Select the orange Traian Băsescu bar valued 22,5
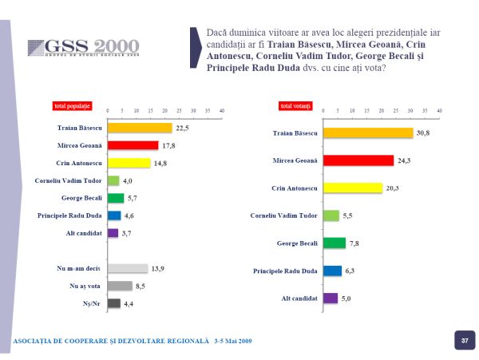click(140, 128)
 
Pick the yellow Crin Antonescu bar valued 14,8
click(129, 163)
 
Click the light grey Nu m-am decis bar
click(127, 268)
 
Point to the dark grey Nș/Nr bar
click(113, 303)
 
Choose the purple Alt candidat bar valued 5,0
click(331, 298)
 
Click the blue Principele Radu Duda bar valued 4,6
click(114, 216)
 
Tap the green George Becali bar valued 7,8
click(335, 243)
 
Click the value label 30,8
click(422, 133)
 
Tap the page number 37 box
click(464, 341)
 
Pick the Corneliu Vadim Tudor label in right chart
click(284, 216)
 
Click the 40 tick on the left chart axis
click(221, 110)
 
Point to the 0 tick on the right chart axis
click(323, 110)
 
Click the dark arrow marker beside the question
click(196, 48)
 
